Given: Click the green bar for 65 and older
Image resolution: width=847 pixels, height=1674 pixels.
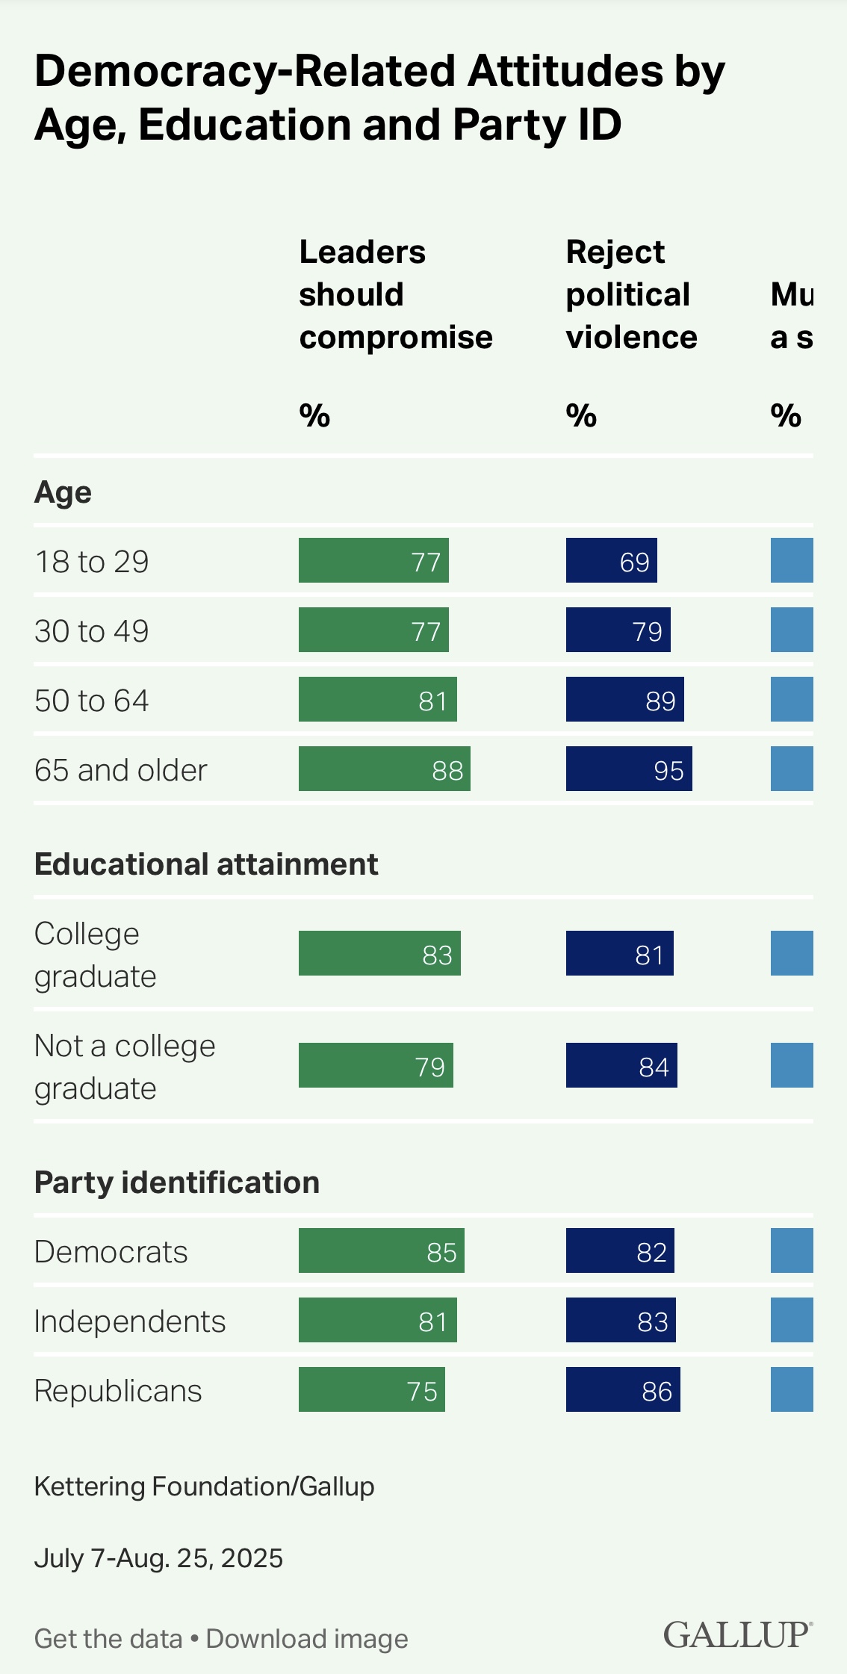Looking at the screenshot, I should click(x=384, y=769).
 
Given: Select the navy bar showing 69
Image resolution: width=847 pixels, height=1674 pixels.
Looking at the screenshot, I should click(x=611, y=560).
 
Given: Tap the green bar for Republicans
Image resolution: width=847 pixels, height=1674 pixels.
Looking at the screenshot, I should click(x=371, y=1389).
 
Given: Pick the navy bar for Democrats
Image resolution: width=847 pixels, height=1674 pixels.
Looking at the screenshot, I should click(x=620, y=1250).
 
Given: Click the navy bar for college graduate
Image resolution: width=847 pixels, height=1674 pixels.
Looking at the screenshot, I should click(x=619, y=953).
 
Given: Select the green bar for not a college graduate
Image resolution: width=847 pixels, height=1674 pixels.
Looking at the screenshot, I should click(x=376, y=1065).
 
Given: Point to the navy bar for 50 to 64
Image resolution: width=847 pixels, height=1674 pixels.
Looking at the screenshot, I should click(x=624, y=699).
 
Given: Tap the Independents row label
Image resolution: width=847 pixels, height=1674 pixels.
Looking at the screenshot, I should click(x=130, y=1321).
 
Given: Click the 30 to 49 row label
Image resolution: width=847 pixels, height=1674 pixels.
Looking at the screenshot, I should click(x=92, y=631).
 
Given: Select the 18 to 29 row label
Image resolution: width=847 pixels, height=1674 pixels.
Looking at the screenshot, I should click(x=92, y=562).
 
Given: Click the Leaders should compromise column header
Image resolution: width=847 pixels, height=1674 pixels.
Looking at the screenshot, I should click(x=396, y=295).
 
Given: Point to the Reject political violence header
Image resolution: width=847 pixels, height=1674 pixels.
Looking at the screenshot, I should click(x=631, y=295).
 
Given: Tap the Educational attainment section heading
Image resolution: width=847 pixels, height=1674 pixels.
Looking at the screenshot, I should click(x=206, y=864).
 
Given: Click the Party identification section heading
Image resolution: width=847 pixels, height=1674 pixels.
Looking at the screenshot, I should click(x=177, y=1182).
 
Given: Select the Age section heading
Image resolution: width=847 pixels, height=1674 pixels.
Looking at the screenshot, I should click(x=63, y=492).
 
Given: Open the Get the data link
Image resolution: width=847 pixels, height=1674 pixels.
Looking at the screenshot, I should click(x=108, y=1638).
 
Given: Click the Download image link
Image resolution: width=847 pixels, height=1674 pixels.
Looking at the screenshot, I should click(x=307, y=1638).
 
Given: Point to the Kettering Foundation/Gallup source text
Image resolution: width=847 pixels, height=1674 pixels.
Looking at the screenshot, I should click(x=204, y=1487).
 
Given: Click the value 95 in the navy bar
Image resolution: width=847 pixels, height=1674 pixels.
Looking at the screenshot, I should click(x=668, y=770).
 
